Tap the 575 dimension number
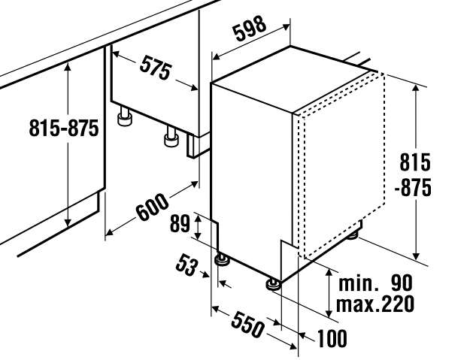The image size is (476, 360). click(156, 68)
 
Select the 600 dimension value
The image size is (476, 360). click(152, 207)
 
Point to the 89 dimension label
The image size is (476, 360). click(180, 223)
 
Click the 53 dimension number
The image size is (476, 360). click(186, 265)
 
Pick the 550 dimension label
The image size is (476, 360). click(247, 325)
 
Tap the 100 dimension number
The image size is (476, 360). click(332, 338)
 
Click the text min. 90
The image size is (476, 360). click(375, 283)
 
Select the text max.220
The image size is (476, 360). click(375, 304)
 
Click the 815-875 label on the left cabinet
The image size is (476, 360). click(64, 128)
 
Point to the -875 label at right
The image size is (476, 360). click(413, 188)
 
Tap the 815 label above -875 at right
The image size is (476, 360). click(415, 162)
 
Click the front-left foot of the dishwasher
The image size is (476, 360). click(223, 260)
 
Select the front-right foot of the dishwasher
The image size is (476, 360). click(274, 285)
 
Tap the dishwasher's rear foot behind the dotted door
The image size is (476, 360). click(353, 234)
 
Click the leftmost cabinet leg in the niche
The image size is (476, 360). click(125, 116)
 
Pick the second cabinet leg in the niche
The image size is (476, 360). click(171, 137)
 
